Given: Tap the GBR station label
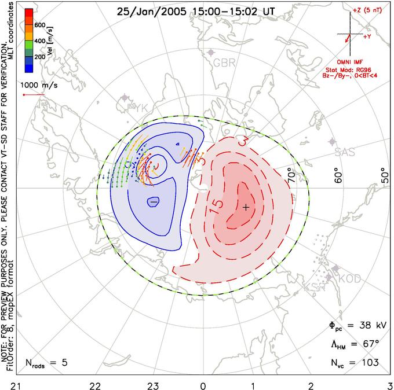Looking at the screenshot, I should [x=224, y=62].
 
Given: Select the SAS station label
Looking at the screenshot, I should [x=346, y=152].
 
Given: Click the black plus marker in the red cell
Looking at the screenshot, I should [x=246, y=207].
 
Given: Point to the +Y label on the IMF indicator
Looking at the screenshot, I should [x=367, y=36].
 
